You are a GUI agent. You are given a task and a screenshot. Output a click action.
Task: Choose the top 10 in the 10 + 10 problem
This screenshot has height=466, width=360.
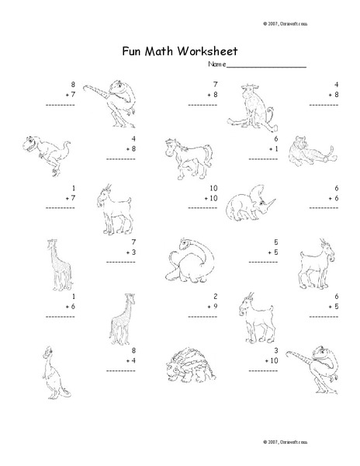tap(213, 189)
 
